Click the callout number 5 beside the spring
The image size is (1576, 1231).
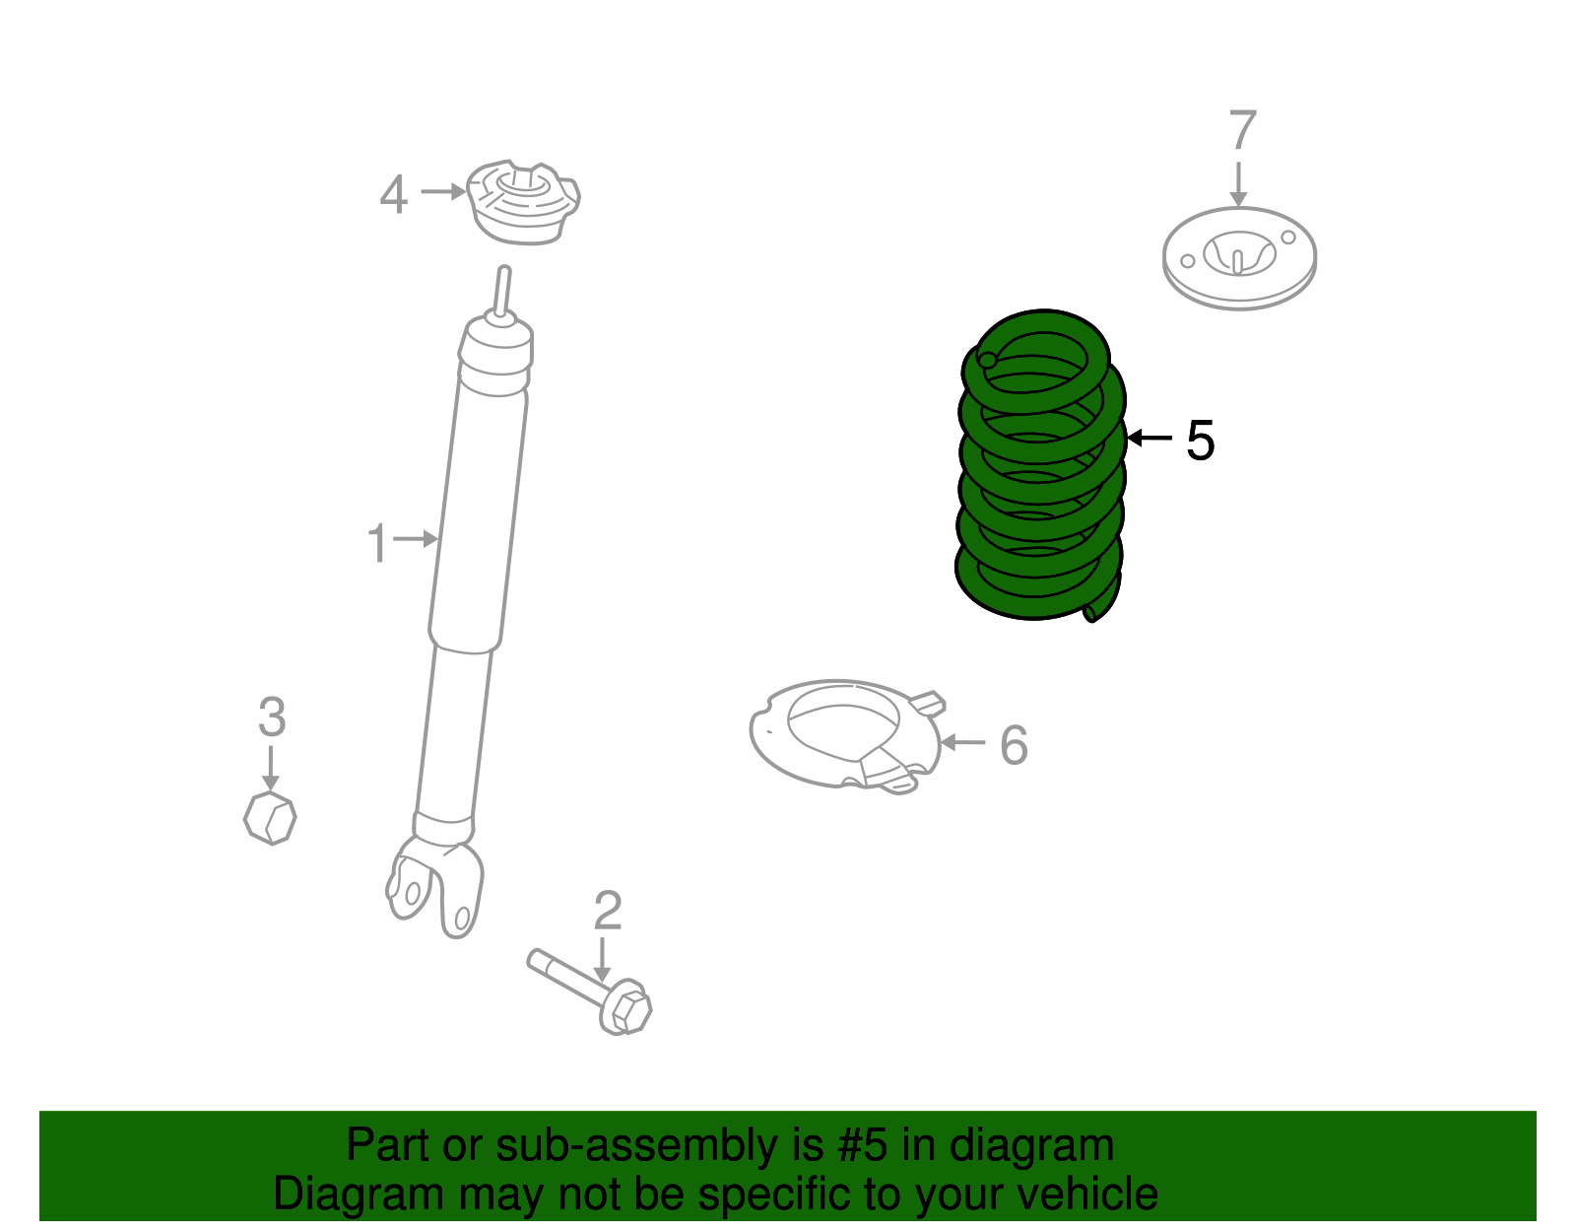pos(1200,440)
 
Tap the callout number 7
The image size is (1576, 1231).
pos(1242,131)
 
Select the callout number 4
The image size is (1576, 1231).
pos(393,194)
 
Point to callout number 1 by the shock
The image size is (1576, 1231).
pos(377,543)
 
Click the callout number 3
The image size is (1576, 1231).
pos(272,717)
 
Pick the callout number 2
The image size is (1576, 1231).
pos(607,911)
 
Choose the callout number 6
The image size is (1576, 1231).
pos(1014,745)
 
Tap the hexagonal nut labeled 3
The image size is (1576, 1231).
pos(270,817)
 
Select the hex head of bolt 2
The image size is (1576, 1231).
pos(627,1008)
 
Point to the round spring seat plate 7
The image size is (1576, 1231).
pos(1239,257)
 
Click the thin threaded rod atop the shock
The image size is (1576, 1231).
pos(502,292)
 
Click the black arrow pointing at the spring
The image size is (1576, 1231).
pos(1149,438)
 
